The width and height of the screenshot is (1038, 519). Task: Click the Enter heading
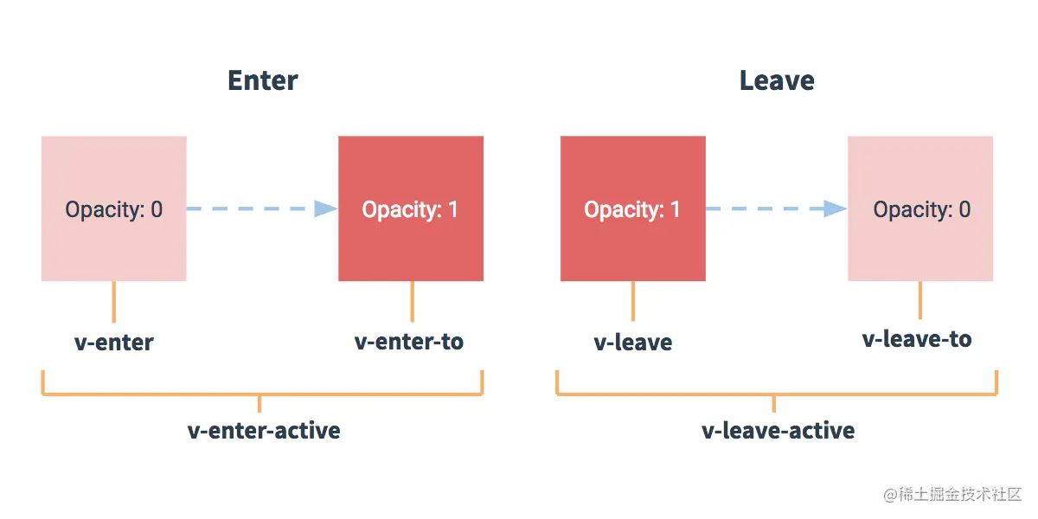coord(262,80)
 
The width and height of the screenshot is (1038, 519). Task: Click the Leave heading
coord(776,80)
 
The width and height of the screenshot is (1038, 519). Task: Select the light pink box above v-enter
coord(113,208)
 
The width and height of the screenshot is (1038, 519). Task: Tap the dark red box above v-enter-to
coord(410,208)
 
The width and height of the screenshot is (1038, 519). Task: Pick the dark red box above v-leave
coord(632,208)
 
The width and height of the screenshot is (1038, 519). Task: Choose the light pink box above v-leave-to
coord(920,208)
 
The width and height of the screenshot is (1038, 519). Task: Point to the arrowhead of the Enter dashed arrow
coord(326,208)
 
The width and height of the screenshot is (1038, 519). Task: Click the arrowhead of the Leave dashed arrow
coord(836,208)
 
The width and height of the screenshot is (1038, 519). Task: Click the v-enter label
coord(113,343)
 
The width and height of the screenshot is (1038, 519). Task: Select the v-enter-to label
coord(409,342)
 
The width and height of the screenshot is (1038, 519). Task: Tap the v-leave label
coord(632,343)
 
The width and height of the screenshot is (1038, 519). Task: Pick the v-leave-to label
coord(917,339)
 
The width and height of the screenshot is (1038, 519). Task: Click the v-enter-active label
coord(264,431)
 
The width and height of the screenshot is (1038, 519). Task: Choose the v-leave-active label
coord(778,431)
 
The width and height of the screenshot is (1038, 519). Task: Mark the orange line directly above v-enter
coord(113,301)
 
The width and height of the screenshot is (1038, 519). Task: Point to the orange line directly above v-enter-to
coord(412,301)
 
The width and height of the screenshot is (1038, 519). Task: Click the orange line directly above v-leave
coord(632,301)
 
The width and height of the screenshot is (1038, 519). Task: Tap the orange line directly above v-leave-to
coord(919,299)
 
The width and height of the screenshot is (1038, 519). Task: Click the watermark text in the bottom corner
coord(952,494)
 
